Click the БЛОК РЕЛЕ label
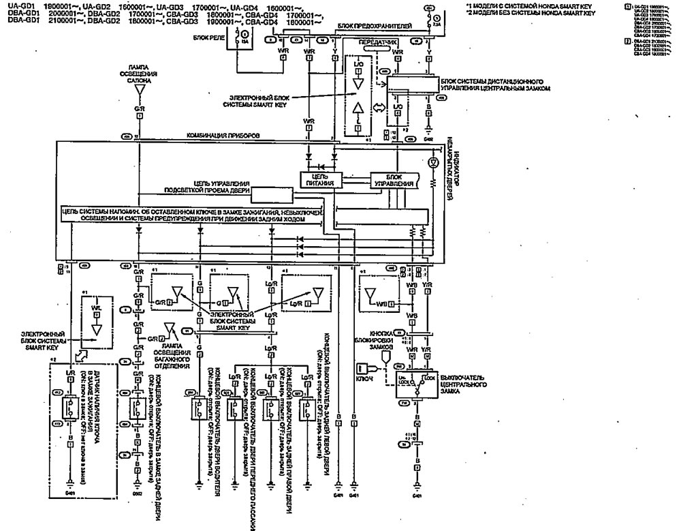click(210, 38)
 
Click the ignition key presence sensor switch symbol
click(70, 407)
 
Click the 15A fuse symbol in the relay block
click(245, 35)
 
